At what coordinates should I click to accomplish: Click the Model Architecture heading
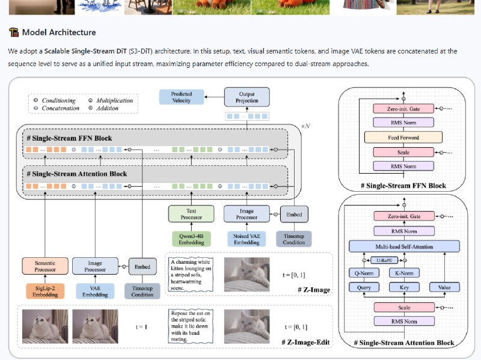coord(58,32)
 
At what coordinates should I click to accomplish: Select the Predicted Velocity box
coord(181,98)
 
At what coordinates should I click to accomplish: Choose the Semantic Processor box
coord(46,266)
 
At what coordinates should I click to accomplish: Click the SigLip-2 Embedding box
coord(46,291)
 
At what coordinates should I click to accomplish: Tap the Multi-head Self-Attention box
coord(404,246)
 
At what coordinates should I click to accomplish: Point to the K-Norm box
coord(403,273)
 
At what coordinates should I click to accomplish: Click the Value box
coord(444,288)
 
